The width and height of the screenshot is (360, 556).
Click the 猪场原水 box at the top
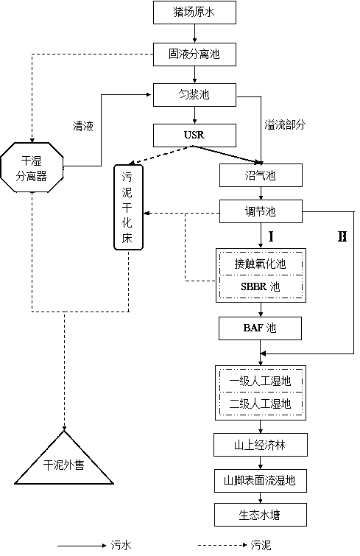pyautogui.click(x=194, y=13)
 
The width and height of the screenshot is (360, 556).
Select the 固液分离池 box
pyautogui.click(x=194, y=54)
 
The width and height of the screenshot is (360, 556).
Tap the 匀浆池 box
pyautogui.click(x=194, y=95)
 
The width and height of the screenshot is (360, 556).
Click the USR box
pyautogui.click(x=194, y=135)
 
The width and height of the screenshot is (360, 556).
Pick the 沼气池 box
pyautogui.click(x=261, y=175)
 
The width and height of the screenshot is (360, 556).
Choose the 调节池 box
pyautogui.click(x=261, y=211)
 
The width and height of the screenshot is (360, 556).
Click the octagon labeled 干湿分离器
pyautogui.click(x=32, y=167)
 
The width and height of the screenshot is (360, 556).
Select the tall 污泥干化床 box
pyautogui.click(x=128, y=207)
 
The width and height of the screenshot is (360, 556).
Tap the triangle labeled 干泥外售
pyautogui.click(x=64, y=457)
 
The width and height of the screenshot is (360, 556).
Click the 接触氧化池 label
pyautogui.click(x=260, y=264)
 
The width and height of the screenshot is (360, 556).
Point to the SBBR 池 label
pyautogui.click(x=261, y=286)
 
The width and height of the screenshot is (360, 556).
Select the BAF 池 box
pyautogui.click(x=260, y=328)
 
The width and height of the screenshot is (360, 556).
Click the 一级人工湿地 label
pyautogui.click(x=260, y=381)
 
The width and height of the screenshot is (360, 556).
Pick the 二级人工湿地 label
pyautogui.click(x=260, y=404)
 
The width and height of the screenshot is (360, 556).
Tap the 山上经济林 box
pyautogui.click(x=261, y=445)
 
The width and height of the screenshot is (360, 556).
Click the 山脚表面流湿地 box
pyautogui.click(x=261, y=481)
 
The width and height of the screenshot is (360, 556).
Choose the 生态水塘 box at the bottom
pyautogui.click(x=261, y=515)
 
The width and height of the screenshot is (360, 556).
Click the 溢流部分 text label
pyautogui.click(x=285, y=124)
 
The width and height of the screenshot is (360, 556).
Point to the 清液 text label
pyautogui.click(x=83, y=126)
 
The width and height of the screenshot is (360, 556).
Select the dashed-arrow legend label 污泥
pyautogui.click(x=261, y=546)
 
